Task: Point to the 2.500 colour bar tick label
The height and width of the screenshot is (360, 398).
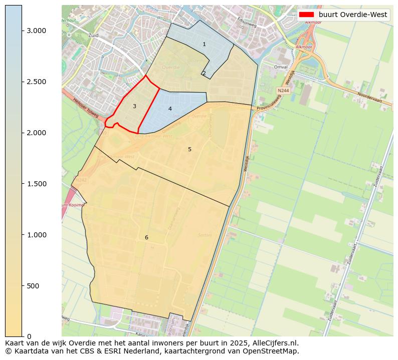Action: [36, 82]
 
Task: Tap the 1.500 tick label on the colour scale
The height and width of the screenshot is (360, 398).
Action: [36, 184]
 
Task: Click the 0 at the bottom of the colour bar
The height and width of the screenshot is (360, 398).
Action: [29, 336]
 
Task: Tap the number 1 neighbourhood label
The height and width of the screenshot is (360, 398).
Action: [204, 45]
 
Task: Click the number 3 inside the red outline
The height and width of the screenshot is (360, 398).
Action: [134, 106]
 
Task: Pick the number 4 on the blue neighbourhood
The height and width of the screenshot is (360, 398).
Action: [170, 109]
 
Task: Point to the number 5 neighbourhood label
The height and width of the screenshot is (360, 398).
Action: [189, 149]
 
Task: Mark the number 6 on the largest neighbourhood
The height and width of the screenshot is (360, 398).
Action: [146, 237]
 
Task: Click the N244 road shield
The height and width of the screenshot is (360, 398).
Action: [283, 91]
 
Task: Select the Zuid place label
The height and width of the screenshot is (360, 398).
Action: [93, 36]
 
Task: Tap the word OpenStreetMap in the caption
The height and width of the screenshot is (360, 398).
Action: [275, 351]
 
